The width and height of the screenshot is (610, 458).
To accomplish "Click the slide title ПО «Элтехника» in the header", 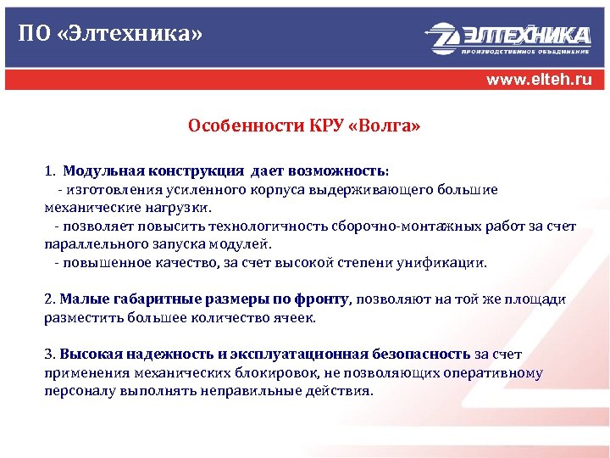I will (111, 34).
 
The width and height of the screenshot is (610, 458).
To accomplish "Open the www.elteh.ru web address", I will (539, 81).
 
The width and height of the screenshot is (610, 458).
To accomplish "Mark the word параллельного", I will (86, 244).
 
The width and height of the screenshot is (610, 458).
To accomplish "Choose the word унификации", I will (447, 263).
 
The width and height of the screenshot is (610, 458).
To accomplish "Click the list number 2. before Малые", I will (49, 299).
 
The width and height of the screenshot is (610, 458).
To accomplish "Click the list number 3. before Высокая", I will (49, 355).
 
